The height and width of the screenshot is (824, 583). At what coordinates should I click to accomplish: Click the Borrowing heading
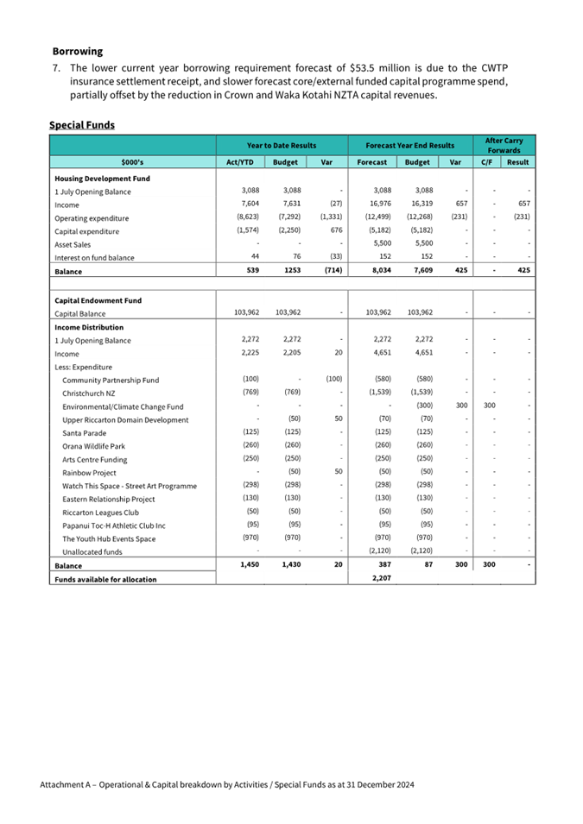[77, 52]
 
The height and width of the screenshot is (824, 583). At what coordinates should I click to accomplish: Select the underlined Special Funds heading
[82, 125]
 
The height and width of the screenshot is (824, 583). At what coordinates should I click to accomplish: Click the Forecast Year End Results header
[410, 146]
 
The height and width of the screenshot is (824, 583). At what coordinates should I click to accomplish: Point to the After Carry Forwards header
[503, 145]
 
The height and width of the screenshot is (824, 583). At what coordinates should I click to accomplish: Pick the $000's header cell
[132, 161]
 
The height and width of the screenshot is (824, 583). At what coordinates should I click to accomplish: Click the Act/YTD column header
[239, 161]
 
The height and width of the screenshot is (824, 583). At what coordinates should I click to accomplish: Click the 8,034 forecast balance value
[381, 271]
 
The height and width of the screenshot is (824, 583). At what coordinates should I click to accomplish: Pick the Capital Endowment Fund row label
[98, 300]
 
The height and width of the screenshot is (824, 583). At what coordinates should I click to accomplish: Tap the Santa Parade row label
[84, 432]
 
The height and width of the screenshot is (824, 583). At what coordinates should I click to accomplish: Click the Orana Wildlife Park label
[92, 446]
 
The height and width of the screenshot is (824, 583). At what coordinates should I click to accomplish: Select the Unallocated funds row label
[92, 551]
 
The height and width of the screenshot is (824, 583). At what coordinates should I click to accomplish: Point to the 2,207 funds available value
[381, 578]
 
